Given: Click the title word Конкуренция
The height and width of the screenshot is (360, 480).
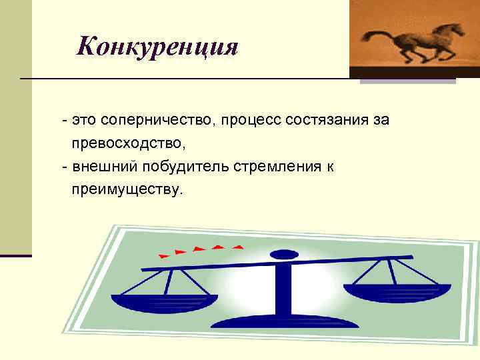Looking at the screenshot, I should pos(157,46).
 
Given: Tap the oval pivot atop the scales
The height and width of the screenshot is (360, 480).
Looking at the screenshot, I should pos(284,254).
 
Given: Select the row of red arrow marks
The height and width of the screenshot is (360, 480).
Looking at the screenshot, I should pos(200,250).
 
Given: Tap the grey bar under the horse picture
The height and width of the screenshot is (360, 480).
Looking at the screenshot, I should pos(407,81).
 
